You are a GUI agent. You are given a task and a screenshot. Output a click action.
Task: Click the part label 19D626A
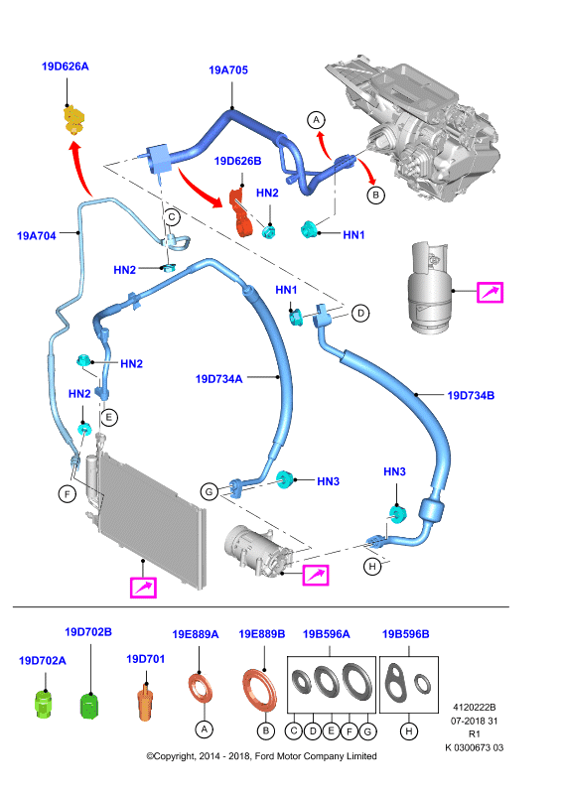pyautogui.click(x=65, y=66)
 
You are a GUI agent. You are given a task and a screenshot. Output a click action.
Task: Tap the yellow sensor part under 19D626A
pyautogui.click(x=74, y=120)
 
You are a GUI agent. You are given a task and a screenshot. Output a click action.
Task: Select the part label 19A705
pyautogui.click(x=228, y=70)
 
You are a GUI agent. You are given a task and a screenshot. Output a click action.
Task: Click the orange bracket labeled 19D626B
pyautogui.click(x=241, y=212)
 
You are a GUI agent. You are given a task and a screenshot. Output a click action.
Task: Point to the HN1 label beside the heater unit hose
pyautogui.click(x=353, y=235)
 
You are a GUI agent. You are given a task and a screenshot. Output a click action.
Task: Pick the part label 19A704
pyautogui.click(x=37, y=235)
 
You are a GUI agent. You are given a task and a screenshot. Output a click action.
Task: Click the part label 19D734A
pyautogui.click(x=218, y=379)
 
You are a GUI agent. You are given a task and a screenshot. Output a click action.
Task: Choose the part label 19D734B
pyautogui.click(x=471, y=395)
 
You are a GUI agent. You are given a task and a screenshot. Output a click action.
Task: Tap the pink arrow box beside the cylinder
pyautogui.click(x=491, y=293)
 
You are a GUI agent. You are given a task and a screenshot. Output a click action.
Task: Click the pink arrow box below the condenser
pyautogui.click(x=143, y=588)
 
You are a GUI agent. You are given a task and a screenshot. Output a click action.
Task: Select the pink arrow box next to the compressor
pyautogui.click(x=316, y=576)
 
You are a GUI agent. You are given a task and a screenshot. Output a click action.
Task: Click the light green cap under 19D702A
pyautogui.click(x=43, y=704)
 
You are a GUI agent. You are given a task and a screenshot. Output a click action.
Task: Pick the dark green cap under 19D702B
pyautogui.click(x=89, y=706)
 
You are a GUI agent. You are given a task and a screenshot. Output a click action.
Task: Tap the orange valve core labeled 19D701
pyautogui.click(x=145, y=702)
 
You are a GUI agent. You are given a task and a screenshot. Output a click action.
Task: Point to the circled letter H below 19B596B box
pyautogui.click(x=409, y=730)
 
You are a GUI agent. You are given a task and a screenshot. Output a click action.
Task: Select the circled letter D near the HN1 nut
pyautogui.click(x=360, y=313)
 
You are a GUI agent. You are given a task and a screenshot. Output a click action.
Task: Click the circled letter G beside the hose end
pyautogui.click(x=209, y=490)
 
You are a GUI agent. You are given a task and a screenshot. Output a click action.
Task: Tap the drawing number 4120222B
pyautogui.click(x=475, y=708)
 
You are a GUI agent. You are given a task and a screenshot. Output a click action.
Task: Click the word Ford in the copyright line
pyautogui.click(x=264, y=756)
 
